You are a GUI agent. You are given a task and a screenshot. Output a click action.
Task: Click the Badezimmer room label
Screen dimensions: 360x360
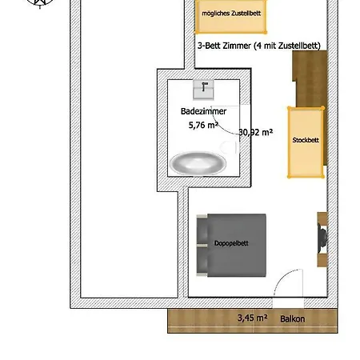[203, 111]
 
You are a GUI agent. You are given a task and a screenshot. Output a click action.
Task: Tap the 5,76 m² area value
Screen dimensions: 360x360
[203, 125]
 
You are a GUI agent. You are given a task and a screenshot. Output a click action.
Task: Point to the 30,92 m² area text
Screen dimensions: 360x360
[255, 132]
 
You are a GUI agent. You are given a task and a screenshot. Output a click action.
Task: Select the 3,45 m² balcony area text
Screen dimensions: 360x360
[252, 318]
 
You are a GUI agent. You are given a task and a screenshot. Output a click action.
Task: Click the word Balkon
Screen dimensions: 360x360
[292, 319]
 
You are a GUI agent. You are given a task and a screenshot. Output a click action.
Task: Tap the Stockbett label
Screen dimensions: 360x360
[306, 140]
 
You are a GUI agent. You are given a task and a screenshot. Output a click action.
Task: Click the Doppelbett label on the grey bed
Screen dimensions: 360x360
[231, 243]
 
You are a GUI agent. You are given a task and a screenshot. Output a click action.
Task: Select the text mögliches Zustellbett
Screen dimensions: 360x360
[231, 14]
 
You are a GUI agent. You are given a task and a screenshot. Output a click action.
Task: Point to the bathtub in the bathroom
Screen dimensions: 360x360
[198, 163]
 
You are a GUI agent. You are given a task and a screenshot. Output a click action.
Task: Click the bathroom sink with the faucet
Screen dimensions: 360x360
[203, 90]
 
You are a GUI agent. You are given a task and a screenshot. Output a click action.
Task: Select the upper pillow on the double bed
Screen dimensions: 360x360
[202, 230]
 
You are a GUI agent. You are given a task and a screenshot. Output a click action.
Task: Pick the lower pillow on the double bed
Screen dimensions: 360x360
[202, 259]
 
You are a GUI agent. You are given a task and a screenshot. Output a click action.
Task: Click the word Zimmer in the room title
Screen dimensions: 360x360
[237, 46]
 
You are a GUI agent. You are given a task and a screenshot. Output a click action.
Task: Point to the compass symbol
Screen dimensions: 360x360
[40, 3]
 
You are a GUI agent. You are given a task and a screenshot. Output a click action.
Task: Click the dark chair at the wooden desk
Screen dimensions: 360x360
[322, 238]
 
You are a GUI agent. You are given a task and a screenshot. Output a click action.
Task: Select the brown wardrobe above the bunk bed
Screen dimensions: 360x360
[310, 79]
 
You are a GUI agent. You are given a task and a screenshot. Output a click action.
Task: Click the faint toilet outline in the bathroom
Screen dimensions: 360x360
[228, 147]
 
